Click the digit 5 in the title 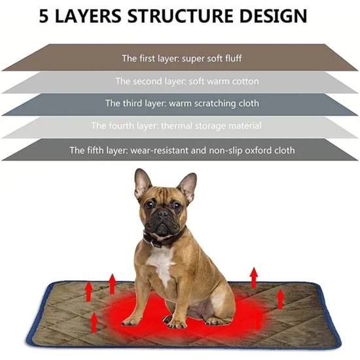pyautogui.click(x=44, y=16)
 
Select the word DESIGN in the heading pyautogui.click(x=273, y=16)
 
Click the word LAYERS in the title pyautogui.click(x=88, y=16)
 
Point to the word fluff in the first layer pyautogui.click(x=233, y=58)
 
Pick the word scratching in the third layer pyautogui.click(x=215, y=103)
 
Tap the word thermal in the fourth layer pyautogui.click(x=177, y=126)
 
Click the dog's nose pyautogui.click(x=163, y=214)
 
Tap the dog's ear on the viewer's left pyautogui.click(x=142, y=184)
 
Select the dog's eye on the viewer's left pyautogui.click(x=149, y=204)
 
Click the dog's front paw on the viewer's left pyautogui.click(x=130, y=321)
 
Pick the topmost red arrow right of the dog pyautogui.click(x=254, y=277)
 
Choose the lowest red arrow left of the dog pyautogui.click(x=93, y=322)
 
